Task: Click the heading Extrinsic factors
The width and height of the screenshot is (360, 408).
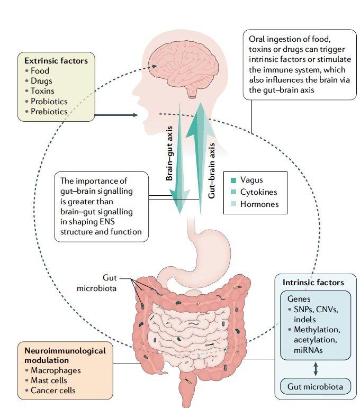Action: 56,60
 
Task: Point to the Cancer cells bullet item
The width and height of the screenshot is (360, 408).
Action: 56,391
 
